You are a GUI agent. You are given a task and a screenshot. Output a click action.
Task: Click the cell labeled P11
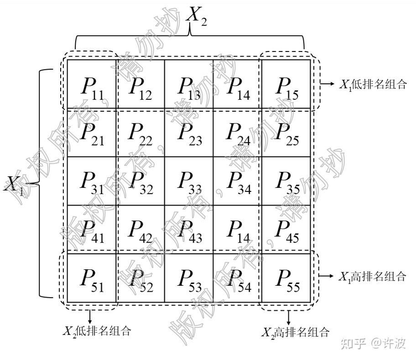pyautogui.click(x=92, y=84)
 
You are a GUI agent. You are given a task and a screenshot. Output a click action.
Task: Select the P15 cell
pyautogui.click(x=286, y=84)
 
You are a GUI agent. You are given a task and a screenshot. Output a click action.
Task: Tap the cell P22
pyautogui.click(x=140, y=132)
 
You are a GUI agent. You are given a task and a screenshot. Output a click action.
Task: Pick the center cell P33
pyautogui.click(x=189, y=181)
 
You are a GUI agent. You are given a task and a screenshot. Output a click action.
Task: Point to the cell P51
pyautogui.click(x=92, y=278)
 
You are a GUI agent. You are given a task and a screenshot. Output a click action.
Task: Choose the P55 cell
pyautogui.click(x=286, y=278)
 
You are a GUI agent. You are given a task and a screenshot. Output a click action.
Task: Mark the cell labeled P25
pyautogui.click(x=286, y=132)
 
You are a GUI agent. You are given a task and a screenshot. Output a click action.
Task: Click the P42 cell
pyautogui.click(x=140, y=229)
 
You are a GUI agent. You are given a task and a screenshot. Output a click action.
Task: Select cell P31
pyautogui.click(x=92, y=181)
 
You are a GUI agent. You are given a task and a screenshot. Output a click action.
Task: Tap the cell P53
pyautogui.click(x=189, y=278)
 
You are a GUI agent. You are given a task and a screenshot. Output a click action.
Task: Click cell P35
pyautogui.click(x=286, y=181)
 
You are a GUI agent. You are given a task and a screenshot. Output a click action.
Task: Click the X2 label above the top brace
pyautogui.click(x=196, y=16)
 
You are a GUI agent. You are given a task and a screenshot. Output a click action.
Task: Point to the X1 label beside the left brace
pyautogui.click(x=14, y=185)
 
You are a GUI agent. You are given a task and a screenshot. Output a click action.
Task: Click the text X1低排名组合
pyautogui.click(x=373, y=84)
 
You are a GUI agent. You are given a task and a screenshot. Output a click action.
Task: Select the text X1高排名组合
pyautogui.click(x=372, y=277)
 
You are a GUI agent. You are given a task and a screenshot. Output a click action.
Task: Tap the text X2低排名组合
pyautogui.click(x=97, y=331)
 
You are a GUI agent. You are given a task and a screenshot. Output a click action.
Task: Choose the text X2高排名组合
pyautogui.click(x=295, y=332)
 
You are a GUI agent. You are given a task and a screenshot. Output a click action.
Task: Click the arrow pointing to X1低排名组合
pyautogui.click(x=328, y=84)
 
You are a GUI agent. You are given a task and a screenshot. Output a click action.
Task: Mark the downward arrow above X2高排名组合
pyautogui.click(x=289, y=317)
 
